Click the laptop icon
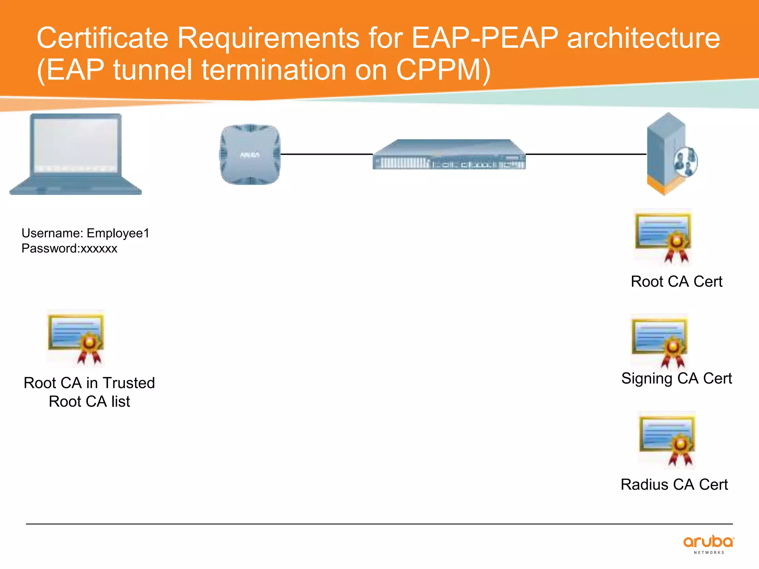(76, 154)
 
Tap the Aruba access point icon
(250, 154)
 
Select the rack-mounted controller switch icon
(449, 155)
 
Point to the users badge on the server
(686, 162)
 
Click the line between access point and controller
(326, 154)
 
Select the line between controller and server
(586, 154)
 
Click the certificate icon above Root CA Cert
(663, 237)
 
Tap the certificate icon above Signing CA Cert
(660, 342)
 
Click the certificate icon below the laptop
(76, 337)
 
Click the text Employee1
(118, 233)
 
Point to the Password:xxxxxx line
(69, 249)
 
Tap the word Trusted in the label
(129, 383)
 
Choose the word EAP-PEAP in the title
(485, 38)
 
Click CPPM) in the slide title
(443, 70)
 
